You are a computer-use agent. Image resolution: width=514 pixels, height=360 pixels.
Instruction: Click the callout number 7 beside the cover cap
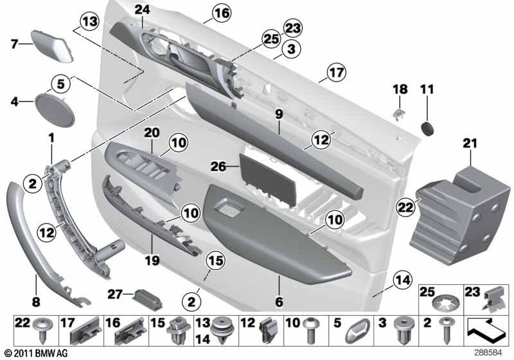pyautogui.click(x=14, y=43)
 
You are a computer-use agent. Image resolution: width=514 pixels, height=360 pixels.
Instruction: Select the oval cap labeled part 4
pyautogui.click(x=55, y=110)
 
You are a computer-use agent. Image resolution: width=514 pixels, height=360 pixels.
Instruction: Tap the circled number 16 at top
pyautogui.click(x=222, y=13)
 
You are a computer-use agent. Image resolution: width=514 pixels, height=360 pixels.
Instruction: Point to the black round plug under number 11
pyautogui.click(x=427, y=128)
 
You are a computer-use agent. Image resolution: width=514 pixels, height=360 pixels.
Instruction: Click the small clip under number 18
pyautogui.click(x=399, y=114)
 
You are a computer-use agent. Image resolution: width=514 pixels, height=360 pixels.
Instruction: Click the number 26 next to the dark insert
pyautogui.click(x=218, y=166)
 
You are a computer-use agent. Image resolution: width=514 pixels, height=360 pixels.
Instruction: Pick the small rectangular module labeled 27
pyautogui.click(x=148, y=299)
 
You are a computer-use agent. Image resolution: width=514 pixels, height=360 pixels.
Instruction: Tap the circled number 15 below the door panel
pyautogui.click(x=216, y=261)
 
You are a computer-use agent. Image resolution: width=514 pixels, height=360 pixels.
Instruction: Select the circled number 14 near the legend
pyautogui.click(x=403, y=280)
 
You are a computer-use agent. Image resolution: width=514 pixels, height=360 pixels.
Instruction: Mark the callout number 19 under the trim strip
pyautogui.click(x=152, y=260)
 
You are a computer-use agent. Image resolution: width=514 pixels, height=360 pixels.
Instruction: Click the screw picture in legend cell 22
pyautogui.click(x=43, y=330)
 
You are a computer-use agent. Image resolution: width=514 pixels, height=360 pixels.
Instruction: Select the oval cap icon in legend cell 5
pyautogui.click(x=357, y=331)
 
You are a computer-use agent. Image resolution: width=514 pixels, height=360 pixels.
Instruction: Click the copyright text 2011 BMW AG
pyautogui.click(x=36, y=353)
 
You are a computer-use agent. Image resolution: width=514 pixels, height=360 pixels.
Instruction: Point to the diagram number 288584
pyautogui.click(x=488, y=353)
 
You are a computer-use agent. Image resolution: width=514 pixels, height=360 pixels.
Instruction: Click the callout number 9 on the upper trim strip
pyautogui.click(x=279, y=114)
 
